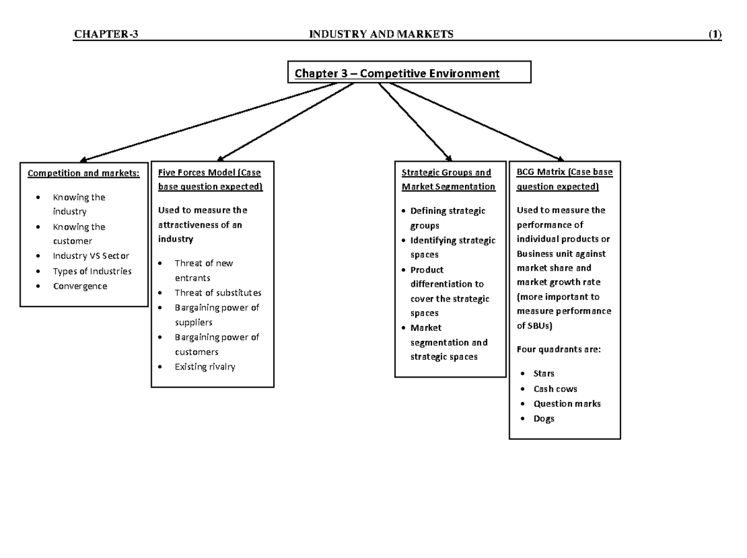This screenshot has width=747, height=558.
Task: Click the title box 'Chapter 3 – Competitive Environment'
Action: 408,73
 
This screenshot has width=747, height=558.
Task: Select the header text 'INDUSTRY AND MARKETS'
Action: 382,34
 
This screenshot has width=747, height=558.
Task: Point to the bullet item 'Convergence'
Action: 80,286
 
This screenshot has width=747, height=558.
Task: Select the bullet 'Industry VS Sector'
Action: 91,256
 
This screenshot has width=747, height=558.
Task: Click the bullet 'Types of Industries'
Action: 92,271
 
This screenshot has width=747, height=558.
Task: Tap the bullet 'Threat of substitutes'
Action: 218,292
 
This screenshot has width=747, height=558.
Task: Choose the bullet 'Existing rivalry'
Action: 205,367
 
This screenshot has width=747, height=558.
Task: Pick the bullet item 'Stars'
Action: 543,373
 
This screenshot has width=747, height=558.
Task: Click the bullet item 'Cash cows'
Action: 555,389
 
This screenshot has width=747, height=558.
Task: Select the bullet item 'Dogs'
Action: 543,419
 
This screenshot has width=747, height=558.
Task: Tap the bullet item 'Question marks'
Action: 567,404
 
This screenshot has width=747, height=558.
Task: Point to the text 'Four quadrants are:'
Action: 558,350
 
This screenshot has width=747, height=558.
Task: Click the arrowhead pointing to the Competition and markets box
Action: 84,160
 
